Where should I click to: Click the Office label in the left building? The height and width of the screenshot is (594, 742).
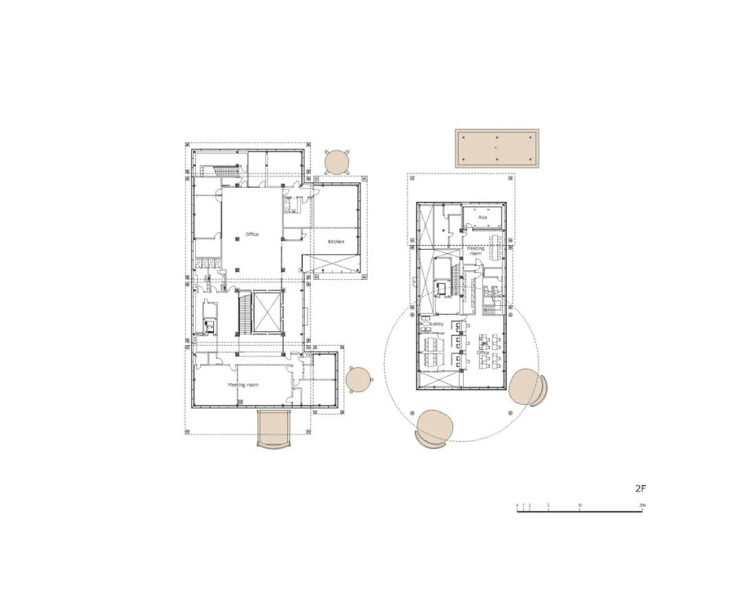(x=252, y=234)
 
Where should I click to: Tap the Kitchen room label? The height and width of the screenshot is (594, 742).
(x=336, y=241)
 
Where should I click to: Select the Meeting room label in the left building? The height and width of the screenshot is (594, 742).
(x=243, y=385)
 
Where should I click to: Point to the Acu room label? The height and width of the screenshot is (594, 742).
(x=483, y=217)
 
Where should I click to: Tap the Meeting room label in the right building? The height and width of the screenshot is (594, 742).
(x=476, y=251)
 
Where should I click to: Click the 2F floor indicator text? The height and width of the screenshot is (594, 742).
(x=640, y=489)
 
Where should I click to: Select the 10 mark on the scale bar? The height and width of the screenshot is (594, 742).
(x=580, y=506)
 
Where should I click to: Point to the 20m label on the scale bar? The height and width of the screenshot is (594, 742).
(x=642, y=506)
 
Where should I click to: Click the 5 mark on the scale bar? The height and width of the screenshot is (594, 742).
(x=548, y=506)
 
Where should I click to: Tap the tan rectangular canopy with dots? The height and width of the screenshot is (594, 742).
(x=497, y=148)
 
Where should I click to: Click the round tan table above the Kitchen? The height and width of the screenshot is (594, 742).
(x=337, y=162)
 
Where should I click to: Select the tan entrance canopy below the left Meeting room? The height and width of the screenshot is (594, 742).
(x=274, y=428)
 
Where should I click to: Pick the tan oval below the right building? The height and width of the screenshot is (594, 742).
(x=434, y=428)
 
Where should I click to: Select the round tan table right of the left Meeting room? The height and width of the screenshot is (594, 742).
(x=358, y=379)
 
